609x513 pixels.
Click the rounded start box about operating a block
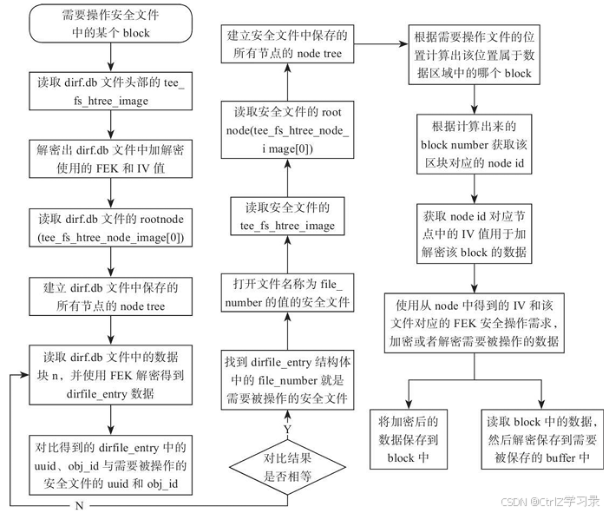(x=111, y=23)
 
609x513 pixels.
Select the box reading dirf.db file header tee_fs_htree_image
(x=111, y=91)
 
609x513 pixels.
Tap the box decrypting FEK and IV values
(x=111, y=160)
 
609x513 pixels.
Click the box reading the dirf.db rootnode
(x=111, y=227)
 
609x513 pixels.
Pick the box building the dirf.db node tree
(x=111, y=295)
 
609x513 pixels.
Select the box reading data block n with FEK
(x=111, y=375)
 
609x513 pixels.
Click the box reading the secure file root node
(x=288, y=131)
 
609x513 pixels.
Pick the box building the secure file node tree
(x=288, y=44)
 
